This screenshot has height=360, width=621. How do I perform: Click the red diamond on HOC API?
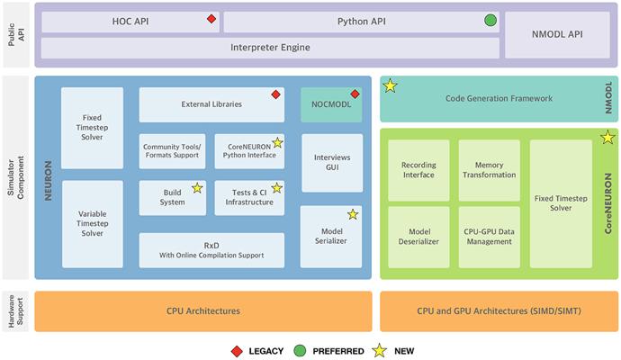coord(211,19)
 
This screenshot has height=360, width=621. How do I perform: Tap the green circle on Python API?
coord(490,20)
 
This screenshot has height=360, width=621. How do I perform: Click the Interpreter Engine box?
coord(270,48)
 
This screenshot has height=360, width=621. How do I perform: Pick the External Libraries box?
coord(211,104)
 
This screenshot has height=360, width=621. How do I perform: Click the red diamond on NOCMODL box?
coord(355,94)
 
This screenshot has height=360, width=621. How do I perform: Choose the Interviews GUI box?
coord(332,163)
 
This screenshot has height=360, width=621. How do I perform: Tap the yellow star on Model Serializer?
coord(352,214)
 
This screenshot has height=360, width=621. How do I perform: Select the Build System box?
coord(172,197)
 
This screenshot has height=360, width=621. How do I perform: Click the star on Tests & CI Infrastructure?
coord(277,187)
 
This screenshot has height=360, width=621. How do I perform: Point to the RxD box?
coord(211,250)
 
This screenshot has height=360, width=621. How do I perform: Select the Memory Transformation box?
coord(489,169)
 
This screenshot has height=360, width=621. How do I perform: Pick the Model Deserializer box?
coord(418,237)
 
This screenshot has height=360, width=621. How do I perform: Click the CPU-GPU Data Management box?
coord(489,237)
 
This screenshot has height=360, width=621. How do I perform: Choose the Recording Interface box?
coord(418,169)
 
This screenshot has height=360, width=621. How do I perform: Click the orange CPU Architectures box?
coord(203,310)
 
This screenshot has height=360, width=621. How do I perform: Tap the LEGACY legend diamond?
coord(237,350)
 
